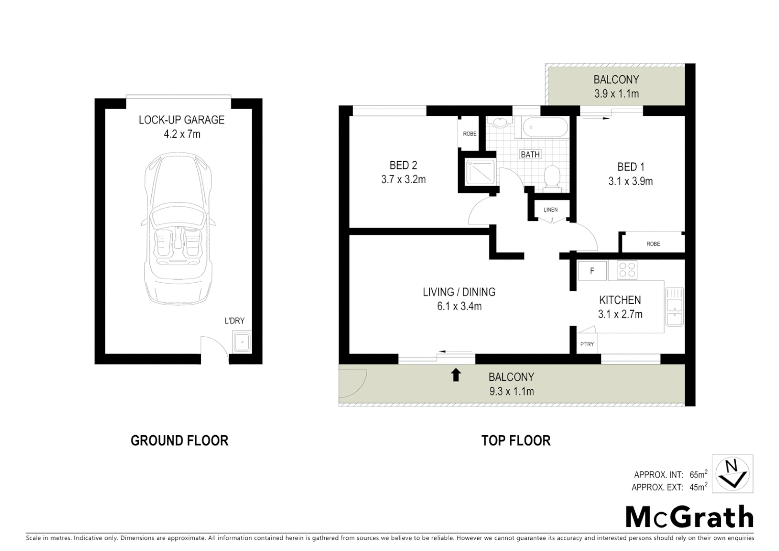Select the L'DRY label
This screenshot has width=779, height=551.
(235, 321)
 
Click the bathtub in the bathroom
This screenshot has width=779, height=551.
(546, 127)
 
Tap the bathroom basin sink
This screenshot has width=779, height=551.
(498, 123)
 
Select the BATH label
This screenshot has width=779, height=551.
(530, 155)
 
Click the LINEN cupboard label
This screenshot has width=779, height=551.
(551, 210)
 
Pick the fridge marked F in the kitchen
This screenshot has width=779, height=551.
(592, 271)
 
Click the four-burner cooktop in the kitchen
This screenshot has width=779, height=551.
(627, 270)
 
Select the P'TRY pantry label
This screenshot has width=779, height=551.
(587, 344)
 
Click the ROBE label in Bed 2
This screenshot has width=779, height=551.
(470, 134)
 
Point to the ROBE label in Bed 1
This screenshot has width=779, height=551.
(653, 244)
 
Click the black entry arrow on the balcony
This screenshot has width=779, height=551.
(456, 375)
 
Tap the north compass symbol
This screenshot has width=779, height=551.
(732, 473)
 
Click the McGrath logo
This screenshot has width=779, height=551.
(689, 517)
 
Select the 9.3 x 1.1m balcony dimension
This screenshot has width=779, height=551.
(511, 391)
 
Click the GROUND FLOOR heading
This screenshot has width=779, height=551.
(179, 440)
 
